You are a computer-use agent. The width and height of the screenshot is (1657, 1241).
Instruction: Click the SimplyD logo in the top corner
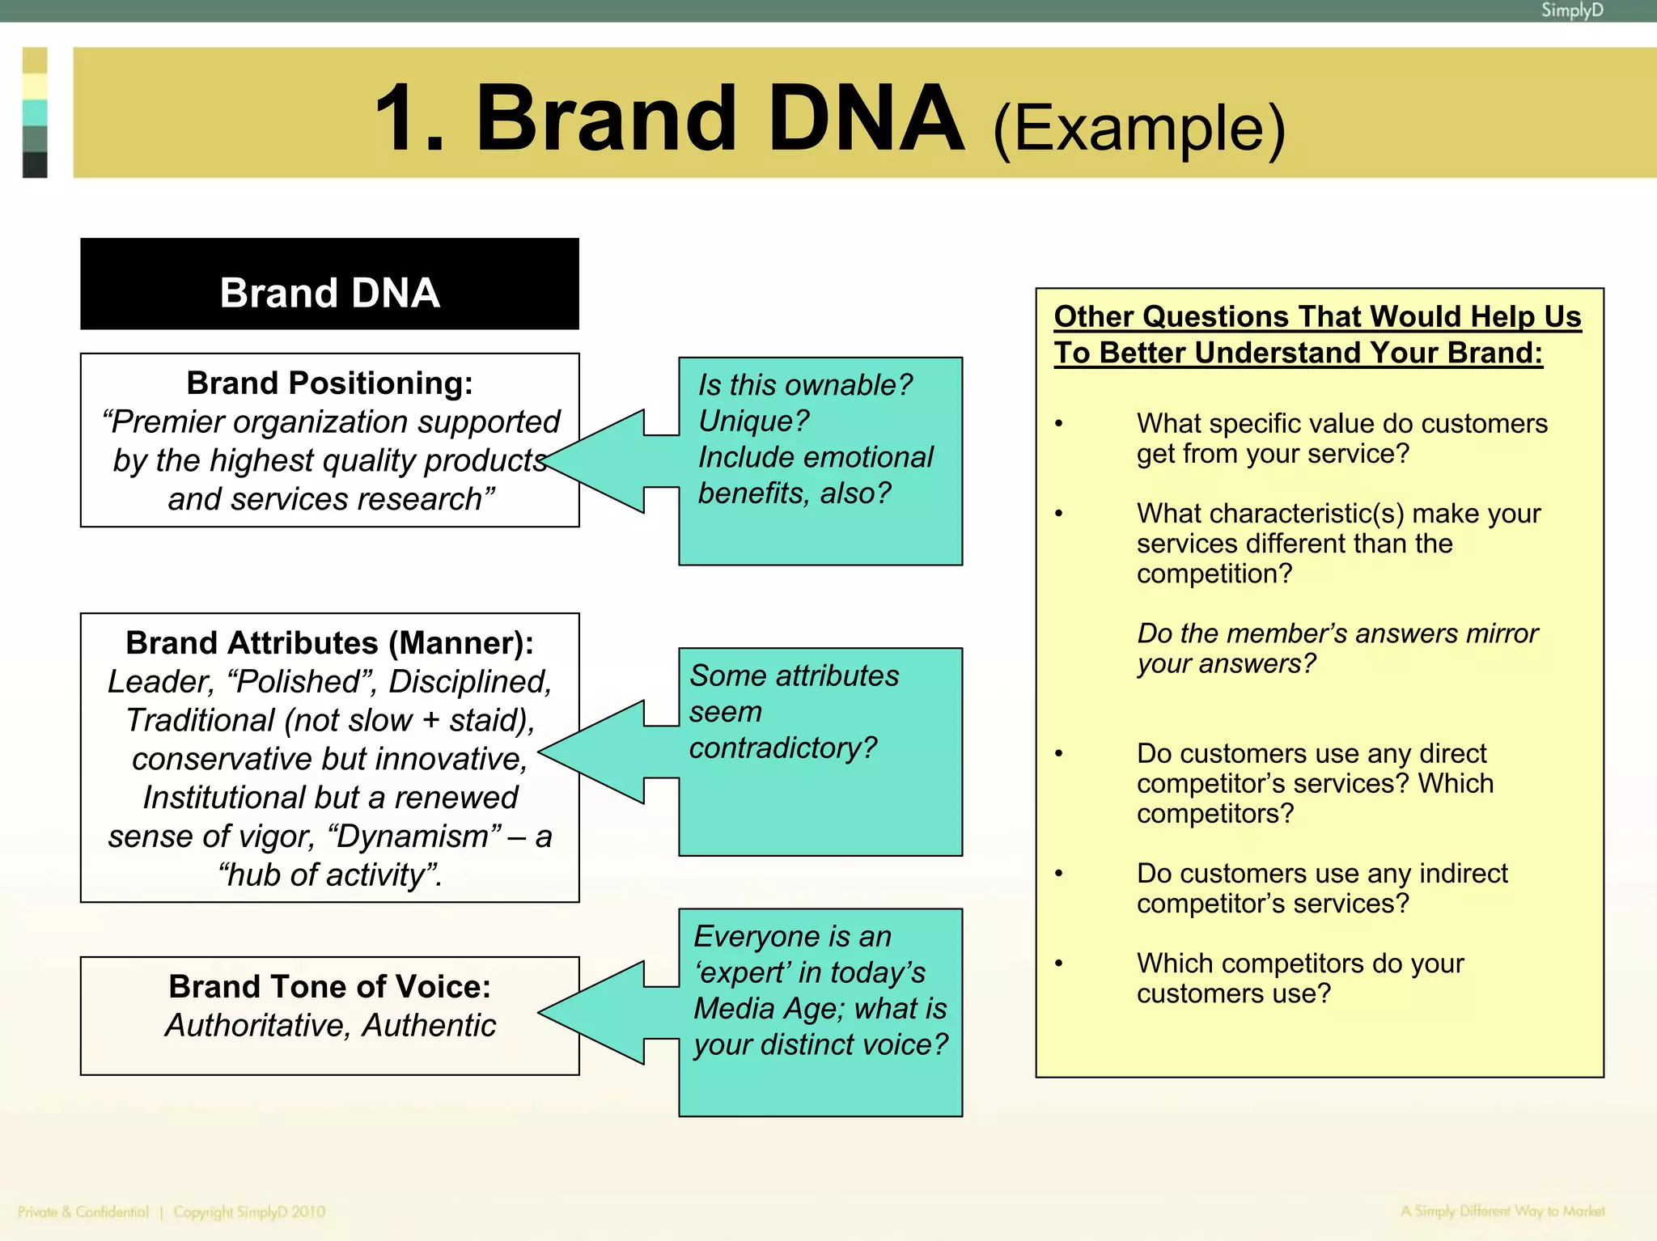click(x=1571, y=11)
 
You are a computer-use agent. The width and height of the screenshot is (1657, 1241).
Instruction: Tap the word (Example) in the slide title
click(x=1138, y=129)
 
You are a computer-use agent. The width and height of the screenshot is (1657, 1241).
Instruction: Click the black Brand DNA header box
click(x=329, y=285)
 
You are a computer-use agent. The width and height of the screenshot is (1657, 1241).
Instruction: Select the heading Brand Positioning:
click(x=329, y=383)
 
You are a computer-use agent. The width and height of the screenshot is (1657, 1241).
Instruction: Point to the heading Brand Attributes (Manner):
click(x=329, y=643)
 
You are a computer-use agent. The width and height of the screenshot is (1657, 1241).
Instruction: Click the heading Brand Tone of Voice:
click(x=329, y=987)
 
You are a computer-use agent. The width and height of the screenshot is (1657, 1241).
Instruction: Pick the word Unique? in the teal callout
click(x=753, y=421)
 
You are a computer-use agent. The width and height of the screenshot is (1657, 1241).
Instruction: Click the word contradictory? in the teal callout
click(x=782, y=748)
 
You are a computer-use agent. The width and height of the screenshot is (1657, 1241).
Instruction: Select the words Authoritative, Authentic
click(x=329, y=1026)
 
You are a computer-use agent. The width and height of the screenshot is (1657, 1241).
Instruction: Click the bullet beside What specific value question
click(x=1058, y=424)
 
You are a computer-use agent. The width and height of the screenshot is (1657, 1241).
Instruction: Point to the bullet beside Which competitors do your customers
click(x=1058, y=964)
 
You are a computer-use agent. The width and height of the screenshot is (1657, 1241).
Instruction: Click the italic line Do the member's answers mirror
click(x=1337, y=633)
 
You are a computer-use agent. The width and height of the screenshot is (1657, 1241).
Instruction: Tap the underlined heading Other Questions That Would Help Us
click(x=1316, y=316)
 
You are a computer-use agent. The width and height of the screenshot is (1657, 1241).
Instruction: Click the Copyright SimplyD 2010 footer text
click(x=248, y=1212)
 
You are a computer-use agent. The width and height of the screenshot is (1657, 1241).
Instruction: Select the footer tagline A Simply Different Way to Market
click(x=1502, y=1211)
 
